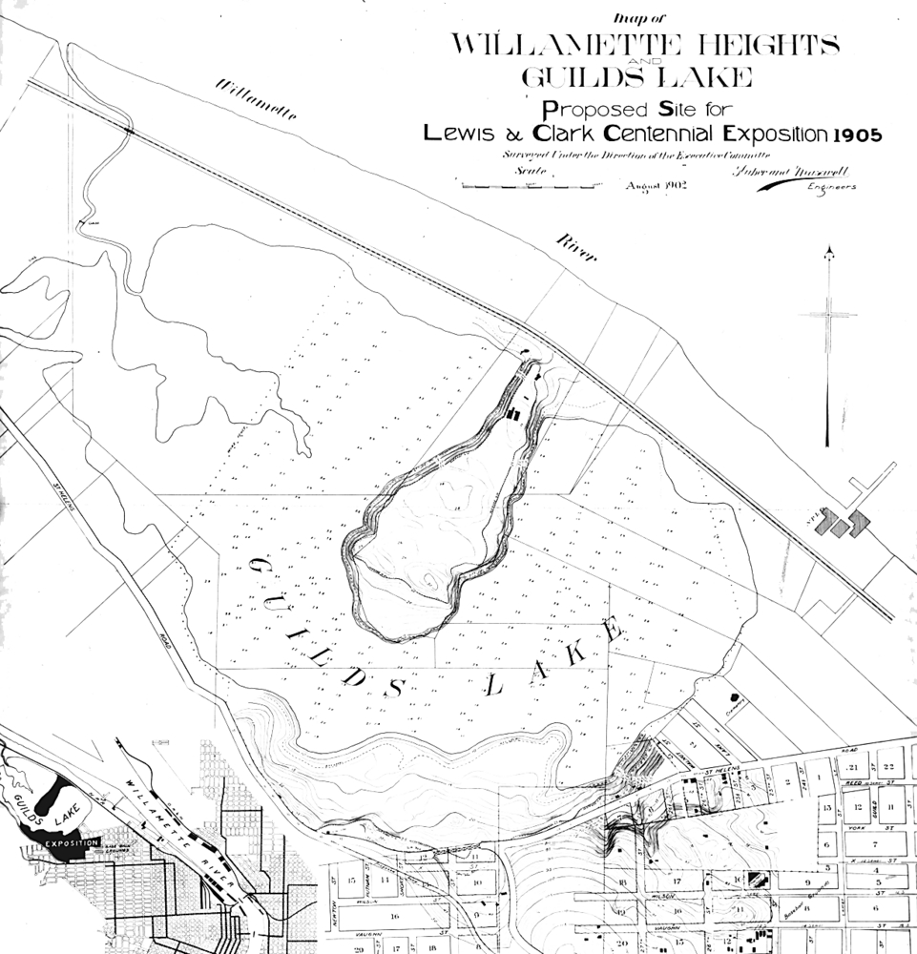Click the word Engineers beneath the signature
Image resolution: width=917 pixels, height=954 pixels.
coord(831,187)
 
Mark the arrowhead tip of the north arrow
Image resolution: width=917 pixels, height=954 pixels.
coord(828,250)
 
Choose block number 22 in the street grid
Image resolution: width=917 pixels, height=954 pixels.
coord(888,766)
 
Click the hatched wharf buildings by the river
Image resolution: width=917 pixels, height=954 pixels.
coord(845,522)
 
